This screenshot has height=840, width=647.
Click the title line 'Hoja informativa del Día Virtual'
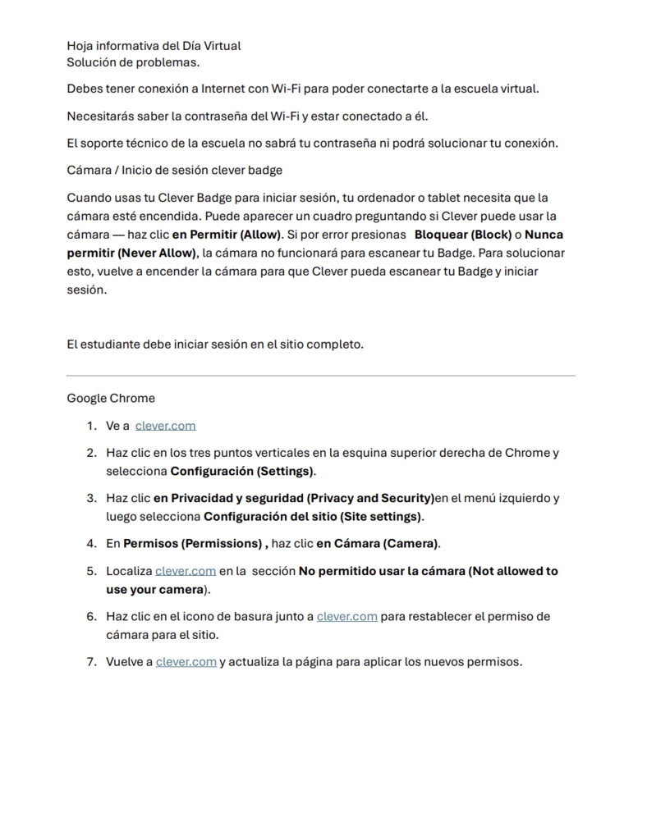click(x=154, y=46)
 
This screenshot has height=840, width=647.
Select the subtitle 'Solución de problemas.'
click(x=133, y=62)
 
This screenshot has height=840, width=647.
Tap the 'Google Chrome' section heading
click(x=111, y=398)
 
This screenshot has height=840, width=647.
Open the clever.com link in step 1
click(x=165, y=426)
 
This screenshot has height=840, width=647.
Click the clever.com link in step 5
click(x=186, y=571)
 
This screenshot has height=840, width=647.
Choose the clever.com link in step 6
click(x=346, y=616)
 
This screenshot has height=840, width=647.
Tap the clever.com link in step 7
click(x=186, y=662)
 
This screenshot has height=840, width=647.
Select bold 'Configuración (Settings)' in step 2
click(x=242, y=472)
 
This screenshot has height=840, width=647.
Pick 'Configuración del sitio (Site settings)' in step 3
click(x=313, y=517)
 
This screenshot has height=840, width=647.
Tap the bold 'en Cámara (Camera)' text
click(x=378, y=543)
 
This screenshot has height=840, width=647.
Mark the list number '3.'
click(x=92, y=498)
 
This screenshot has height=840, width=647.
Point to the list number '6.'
click(x=92, y=616)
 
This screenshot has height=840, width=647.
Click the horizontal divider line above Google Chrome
click(x=320, y=376)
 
